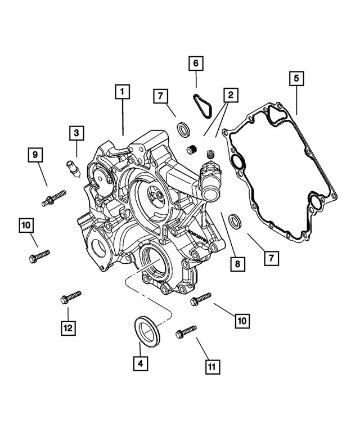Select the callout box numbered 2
229,96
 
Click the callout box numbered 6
195,65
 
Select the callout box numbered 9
35,154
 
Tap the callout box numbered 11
211,367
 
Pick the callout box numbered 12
68,327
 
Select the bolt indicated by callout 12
70,296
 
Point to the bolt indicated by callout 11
186,331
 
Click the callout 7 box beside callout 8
270,258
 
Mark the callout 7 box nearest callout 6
160,97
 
